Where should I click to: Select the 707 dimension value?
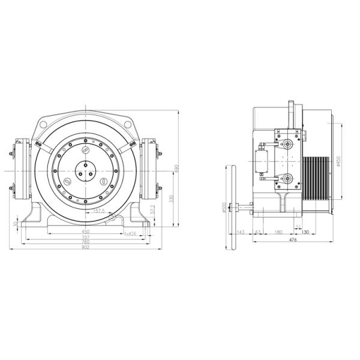coord(85,238)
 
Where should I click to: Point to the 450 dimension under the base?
coord(85,231)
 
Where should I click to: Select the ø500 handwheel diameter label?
coord(224,207)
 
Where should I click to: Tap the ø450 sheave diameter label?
coord(338,162)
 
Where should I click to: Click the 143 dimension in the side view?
coord(241,231)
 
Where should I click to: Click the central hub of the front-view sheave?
coord(86,170)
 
